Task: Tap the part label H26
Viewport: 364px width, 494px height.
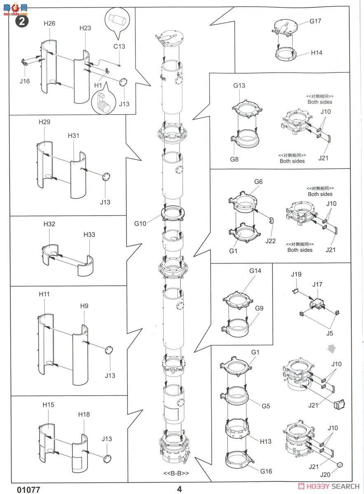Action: click(49, 24)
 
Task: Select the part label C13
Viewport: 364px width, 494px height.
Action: click(119, 47)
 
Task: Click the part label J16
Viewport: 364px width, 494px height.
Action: click(25, 81)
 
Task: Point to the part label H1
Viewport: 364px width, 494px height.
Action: click(98, 85)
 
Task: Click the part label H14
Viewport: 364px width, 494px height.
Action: click(317, 53)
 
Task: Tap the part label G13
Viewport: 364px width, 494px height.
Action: click(239, 86)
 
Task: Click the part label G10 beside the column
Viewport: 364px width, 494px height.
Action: click(140, 224)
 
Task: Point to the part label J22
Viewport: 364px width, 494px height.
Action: click(271, 240)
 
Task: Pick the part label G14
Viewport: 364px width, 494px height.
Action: click(255, 271)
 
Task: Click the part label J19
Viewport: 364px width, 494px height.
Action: click(296, 274)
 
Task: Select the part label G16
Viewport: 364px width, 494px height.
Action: click(266, 471)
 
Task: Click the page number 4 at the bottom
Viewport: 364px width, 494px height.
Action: click(180, 489)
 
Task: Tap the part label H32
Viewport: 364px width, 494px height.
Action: click(49, 224)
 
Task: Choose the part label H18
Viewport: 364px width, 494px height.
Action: click(84, 415)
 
